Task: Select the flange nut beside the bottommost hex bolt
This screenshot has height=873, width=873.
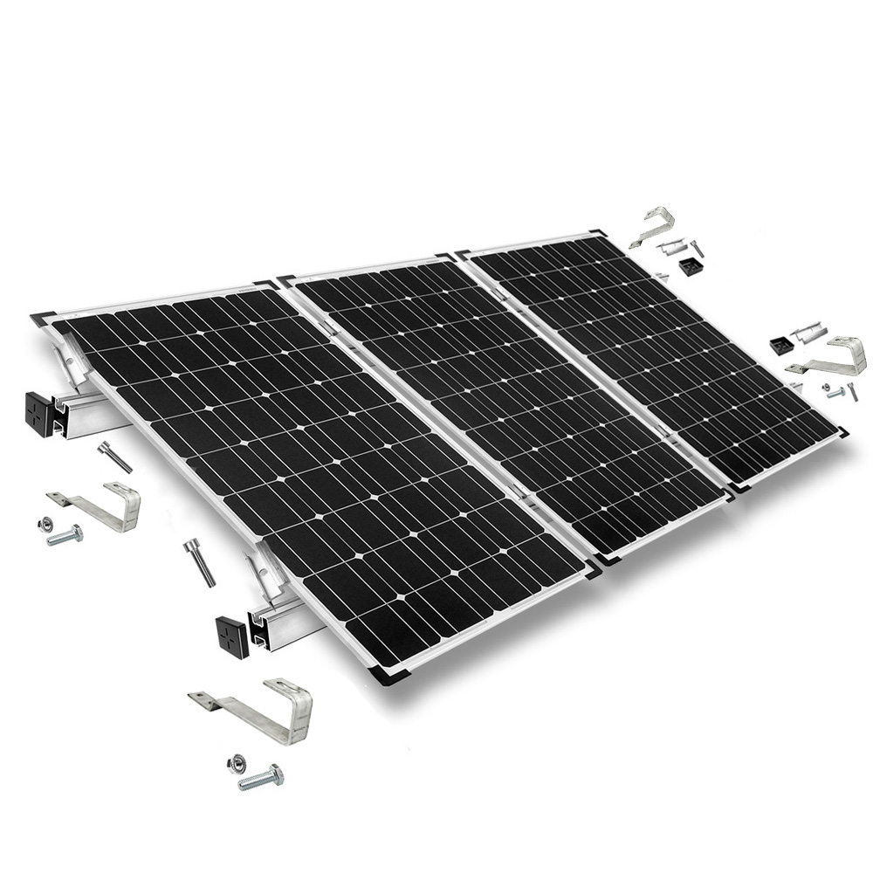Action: (x=235, y=764)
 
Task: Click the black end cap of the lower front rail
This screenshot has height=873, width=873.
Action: (x=232, y=635)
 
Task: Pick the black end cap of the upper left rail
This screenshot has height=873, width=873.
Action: (x=39, y=413)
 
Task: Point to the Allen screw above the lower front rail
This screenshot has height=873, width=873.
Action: (x=199, y=560)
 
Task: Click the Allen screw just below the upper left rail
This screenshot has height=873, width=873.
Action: (x=114, y=456)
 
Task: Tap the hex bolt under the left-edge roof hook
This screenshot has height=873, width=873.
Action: (x=65, y=535)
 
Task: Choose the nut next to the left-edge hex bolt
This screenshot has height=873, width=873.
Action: (x=43, y=524)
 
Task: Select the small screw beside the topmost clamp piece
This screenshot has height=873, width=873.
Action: (x=696, y=248)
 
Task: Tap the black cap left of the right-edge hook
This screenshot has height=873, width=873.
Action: (x=780, y=346)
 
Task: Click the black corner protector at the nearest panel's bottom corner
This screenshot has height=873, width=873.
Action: (x=385, y=673)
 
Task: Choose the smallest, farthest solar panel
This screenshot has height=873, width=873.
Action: (x=655, y=349)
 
